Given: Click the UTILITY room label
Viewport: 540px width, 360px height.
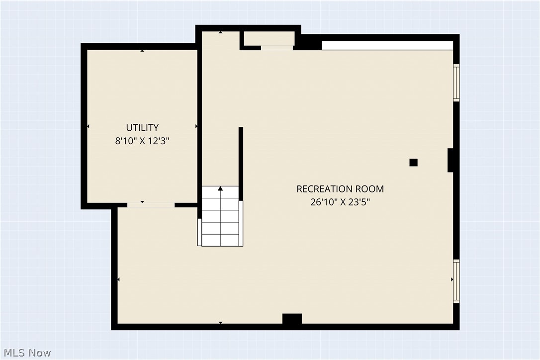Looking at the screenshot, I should [x=142, y=128].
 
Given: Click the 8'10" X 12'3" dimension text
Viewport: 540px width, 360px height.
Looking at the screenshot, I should [x=142, y=141].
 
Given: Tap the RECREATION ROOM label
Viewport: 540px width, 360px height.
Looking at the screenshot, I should [x=340, y=189].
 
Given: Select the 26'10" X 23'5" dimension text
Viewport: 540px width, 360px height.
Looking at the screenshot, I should [x=340, y=202].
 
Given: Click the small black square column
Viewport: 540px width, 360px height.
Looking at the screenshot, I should [x=413, y=162].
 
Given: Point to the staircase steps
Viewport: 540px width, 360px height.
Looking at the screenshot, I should [x=220, y=219].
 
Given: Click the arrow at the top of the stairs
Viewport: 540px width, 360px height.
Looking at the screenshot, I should [x=220, y=189].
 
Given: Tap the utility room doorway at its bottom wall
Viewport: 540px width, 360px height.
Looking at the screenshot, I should [x=151, y=204].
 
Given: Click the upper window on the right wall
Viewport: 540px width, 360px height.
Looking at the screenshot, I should [x=456, y=83].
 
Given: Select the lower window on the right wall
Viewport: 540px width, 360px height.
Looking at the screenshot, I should [x=456, y=281].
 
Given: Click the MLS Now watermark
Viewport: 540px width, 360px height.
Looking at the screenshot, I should [x=26, y=353].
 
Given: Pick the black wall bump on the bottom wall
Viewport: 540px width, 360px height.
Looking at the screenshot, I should [x=292, y=319].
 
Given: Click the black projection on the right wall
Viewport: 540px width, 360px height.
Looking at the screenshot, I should [x=450, y=160].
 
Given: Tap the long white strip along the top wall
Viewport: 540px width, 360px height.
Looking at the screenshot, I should [x=387, y=45].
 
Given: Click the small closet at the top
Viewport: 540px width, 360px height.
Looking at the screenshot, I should [x=269, y=38].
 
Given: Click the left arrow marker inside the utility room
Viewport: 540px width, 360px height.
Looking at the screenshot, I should [x=89, y=127].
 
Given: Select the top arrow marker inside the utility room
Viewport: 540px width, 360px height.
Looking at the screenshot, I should [x=143, y=51].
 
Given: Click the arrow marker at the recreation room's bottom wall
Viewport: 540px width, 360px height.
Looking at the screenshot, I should [x=220, y=323].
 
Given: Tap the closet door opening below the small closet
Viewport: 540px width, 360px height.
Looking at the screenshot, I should [x=277, y=48].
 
